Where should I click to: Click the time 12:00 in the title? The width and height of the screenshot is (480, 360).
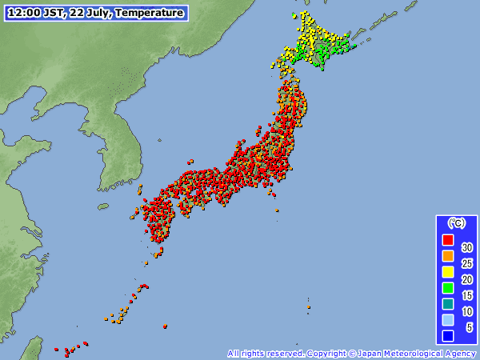coord(22,13)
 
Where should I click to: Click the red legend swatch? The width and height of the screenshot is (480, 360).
coord(448,239)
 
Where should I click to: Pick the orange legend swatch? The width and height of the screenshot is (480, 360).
coord(448,255)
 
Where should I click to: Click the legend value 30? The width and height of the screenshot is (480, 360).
coord(467,248)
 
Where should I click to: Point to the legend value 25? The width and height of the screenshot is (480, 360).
coord(467,264)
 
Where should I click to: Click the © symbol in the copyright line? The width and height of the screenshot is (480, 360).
coord(352,354)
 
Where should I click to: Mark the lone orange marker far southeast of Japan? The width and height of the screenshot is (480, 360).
coord(309,306)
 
